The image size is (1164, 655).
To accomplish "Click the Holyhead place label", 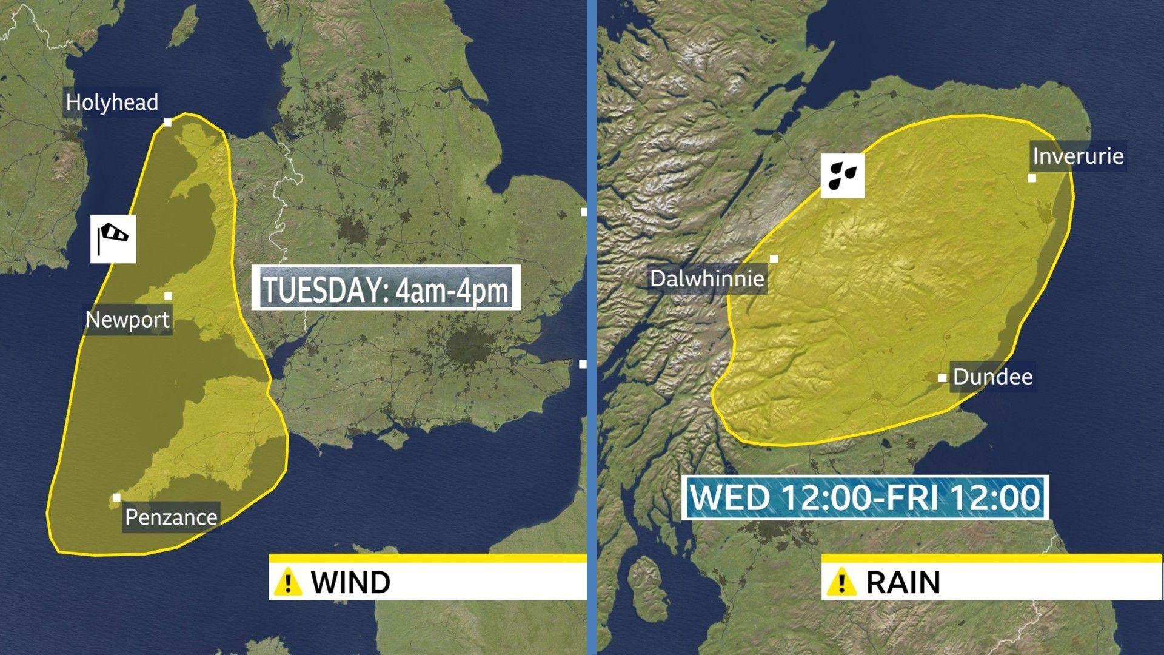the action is click(x=112, y=102).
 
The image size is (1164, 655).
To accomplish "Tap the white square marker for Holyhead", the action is click(x=168, y=123).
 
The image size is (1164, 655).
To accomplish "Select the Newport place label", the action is click(x=128, y=320).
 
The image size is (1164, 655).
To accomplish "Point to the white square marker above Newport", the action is click(x=168, y=296).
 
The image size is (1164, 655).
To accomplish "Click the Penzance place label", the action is click(x=171, y=517).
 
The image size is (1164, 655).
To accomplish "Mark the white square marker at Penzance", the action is click(x=116, y=497).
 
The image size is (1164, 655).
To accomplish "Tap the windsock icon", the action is click(x=113, y=239).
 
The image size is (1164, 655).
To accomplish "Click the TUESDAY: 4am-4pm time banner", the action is click(x=386, y=289).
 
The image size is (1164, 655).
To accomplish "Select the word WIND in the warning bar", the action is click(x=350, y=582).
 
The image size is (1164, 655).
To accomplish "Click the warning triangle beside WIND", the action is click(x=288, y=582).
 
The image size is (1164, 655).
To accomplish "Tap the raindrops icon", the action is click(x=843, y=175).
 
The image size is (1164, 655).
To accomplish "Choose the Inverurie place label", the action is click(x=1078, y=156).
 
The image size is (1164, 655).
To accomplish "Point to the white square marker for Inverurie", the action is click(x=1032, y=178).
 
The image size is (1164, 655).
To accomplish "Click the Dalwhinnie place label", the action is click(x=707, y=279).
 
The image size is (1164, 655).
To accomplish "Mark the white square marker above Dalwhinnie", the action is click(x=774, y=259).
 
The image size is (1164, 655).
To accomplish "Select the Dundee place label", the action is click(x=992, y=377).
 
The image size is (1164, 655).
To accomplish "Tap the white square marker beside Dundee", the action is click(x=942, y=378).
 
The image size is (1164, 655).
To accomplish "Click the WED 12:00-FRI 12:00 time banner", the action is click(x=865, y=498).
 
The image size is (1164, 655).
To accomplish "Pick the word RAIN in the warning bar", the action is click(x=903, y=582).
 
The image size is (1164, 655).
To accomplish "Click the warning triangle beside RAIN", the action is click(x=841, y=582).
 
